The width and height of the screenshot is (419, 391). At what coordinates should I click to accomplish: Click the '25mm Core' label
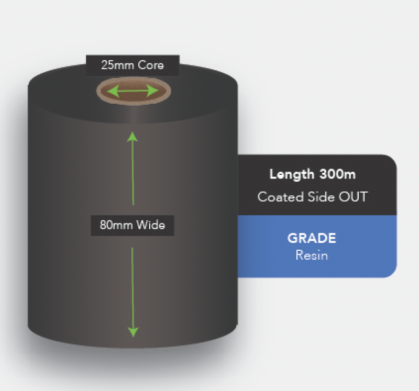click(x=133, y=65)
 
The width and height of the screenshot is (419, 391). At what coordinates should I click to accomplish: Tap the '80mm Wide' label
click(x=133, y=225)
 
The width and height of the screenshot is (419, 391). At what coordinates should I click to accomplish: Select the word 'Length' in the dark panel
click(x=292, y=175)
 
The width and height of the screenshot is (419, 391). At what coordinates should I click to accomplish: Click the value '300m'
click(x=337, y=174)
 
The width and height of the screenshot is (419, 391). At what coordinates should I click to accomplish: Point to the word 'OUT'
click(x=353, y=197)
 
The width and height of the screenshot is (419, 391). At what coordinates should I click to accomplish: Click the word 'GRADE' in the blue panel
click(x=312, y=238)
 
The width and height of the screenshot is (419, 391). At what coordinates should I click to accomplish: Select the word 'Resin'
click(x=312, y=255)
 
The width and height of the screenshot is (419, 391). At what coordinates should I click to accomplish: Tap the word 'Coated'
click(x=281, y=197)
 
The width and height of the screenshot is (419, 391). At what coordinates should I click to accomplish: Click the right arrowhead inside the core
click(x=153, y=91)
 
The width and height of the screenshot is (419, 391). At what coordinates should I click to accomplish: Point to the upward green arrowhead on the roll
click(x=133, y=137)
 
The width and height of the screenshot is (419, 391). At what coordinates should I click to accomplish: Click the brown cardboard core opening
click(x=134, y=91)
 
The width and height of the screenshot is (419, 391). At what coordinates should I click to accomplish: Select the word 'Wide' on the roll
click(x=151, y=225)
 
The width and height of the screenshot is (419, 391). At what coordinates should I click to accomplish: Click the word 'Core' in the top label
click(x=151, y=65)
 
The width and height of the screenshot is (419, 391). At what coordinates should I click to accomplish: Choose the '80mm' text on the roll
click(x=116, y=225)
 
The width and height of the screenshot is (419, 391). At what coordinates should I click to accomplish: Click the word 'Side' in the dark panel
click(x=321, y=197)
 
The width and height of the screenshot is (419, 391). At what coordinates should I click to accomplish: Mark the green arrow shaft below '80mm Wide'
click(x=133, y=288)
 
